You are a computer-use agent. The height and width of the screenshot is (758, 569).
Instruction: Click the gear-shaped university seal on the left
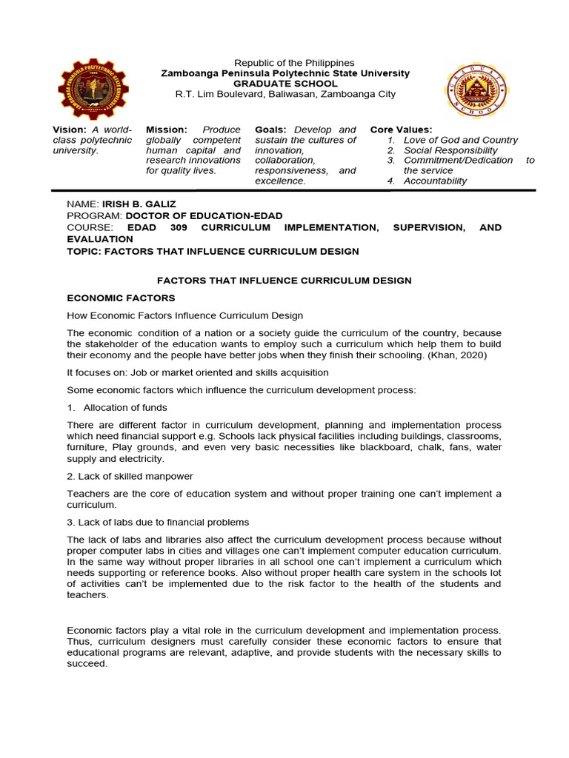click(x=93, y=90)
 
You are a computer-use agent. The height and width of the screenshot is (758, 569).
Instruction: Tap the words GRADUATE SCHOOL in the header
click(x=285, y=84)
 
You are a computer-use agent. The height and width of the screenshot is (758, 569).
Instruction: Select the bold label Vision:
click(x=69, y=130)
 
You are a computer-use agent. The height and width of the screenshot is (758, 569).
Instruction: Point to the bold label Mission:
click(x=166, y=130)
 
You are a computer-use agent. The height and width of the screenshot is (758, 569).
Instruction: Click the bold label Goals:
click(x=270, y=130)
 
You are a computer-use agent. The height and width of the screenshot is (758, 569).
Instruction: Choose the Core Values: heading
click(x=401, y=130)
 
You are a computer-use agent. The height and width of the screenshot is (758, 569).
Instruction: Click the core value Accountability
click(x=435, y=181)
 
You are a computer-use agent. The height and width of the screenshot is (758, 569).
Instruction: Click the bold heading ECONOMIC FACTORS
click(x=121, y=298)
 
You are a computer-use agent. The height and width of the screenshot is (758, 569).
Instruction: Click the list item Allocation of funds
click(x=125, y=407)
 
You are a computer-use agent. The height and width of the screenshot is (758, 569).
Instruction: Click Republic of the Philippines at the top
click(x=294, y=63)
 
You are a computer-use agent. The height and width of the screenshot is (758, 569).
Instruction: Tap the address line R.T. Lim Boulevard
click(x=285, y=94)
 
